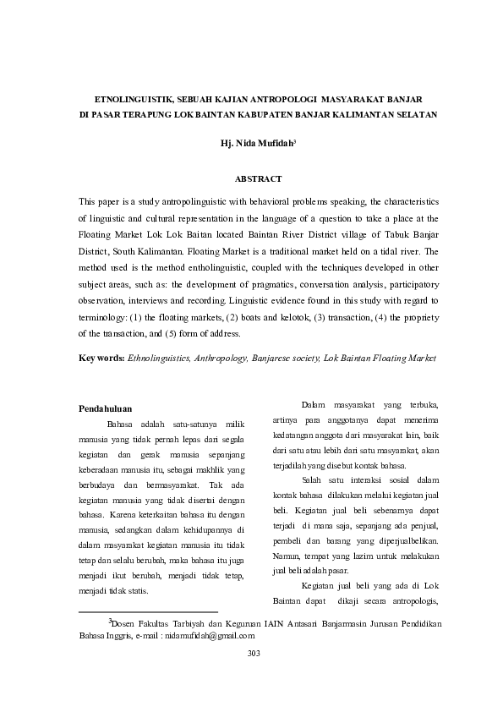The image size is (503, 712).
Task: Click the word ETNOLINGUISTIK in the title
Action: tap(127, 99)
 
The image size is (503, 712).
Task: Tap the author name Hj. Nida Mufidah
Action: tap(255, 145)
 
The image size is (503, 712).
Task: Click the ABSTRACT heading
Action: tap(257, 178)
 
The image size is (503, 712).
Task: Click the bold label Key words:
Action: tap(101, 359)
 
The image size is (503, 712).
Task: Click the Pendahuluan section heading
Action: tap(105, 409)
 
